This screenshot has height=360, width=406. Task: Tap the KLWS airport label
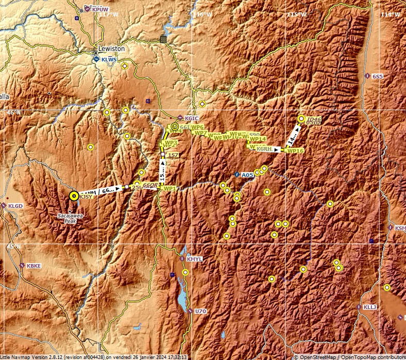click(109, 60)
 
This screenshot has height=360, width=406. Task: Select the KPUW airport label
click(100, 9)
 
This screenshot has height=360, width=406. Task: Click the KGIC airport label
click(191, 119)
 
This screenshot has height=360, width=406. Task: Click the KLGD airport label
click(16, 206)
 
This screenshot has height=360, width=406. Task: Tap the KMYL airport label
click(195, 259)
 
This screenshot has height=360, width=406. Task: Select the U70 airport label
click(200, 312)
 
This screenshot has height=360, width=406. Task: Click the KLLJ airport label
click(370, 307)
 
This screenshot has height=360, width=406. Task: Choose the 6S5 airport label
click(378, 76)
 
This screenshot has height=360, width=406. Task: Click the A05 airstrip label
click(247, 175)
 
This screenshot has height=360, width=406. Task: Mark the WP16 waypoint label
click(295, 151)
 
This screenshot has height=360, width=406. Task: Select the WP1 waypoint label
click(170, 188)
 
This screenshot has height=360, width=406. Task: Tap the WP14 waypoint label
click(257, 139)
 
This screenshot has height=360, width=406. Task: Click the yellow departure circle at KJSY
click(74, 195)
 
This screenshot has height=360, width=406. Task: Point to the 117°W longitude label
click(109, 14)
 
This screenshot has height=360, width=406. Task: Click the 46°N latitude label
click(14, 112)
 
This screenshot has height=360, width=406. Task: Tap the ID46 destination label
click(313, 120)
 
